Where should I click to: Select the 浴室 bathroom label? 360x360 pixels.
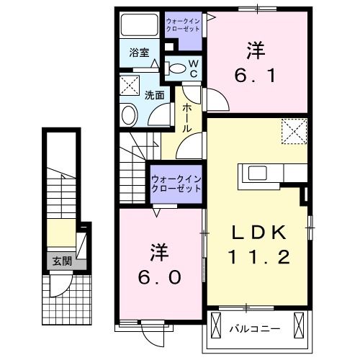coord(139,52)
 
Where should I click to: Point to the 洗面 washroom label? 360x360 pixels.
coord(154,94)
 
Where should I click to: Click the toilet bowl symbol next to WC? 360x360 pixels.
coord(175,68)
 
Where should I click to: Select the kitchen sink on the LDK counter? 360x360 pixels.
coord(257,174)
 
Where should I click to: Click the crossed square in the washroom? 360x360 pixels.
coord(130,86)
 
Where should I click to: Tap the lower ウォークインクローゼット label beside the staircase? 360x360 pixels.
coord(176,183)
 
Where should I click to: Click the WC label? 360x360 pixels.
coord(194,68)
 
